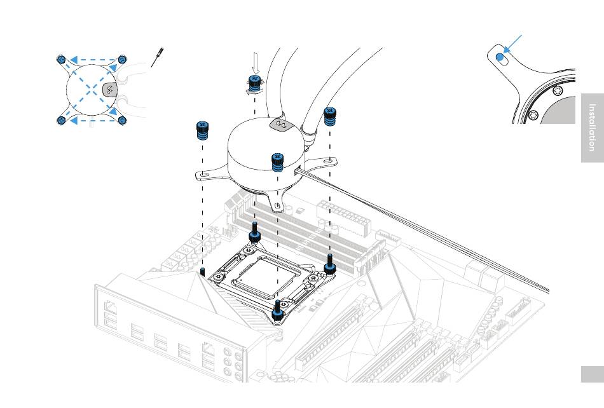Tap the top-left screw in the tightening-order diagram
[61, 59]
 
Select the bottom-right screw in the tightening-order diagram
[123, 119]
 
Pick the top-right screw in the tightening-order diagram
[123, 59]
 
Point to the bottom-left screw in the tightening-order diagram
[61, 119]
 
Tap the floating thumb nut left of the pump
[202, 131]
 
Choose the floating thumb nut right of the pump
[330, 118]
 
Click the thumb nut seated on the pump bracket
[277, 163]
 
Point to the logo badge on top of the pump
[278, 124]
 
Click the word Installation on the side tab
[592, 127]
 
